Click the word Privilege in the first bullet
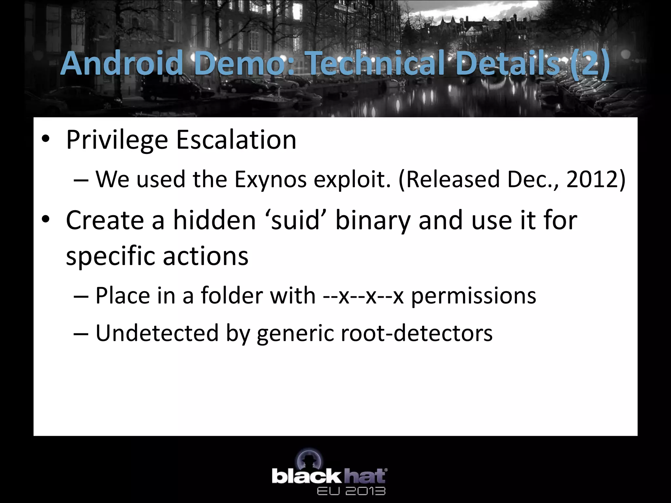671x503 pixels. pyautogui.click(x=117, y=140)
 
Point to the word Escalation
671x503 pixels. pyautogui.click(x=236, y=140)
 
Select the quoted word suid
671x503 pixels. pyautogui.click(x=295, y=220)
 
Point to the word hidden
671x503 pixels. pyautogui.click(x=214, y=220)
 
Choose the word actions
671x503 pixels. pyautogui.click(x=205, y=256)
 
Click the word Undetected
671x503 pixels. pyautogui.click(x=157, y=333)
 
